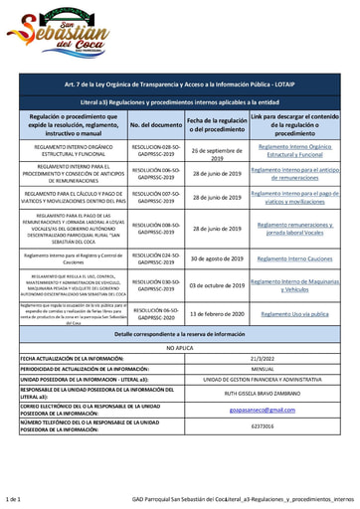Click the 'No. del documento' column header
coord(156,125)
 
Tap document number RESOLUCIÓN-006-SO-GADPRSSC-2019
coord(156,173)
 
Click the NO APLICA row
coord(180,349)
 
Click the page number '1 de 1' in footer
coord(14,499)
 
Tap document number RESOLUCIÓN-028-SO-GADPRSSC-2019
coord(156,151)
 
